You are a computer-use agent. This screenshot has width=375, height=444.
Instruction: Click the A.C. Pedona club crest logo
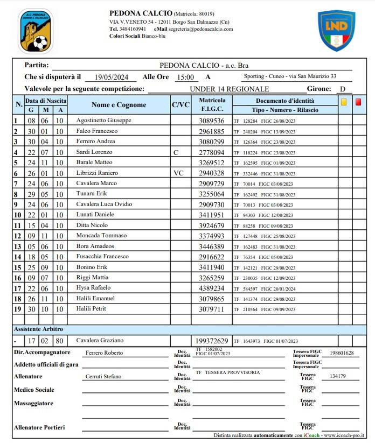(x=36, y=31)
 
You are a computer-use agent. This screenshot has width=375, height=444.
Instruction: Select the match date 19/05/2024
(x=105, y=77)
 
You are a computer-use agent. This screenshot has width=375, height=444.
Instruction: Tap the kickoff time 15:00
(x=186, y=77)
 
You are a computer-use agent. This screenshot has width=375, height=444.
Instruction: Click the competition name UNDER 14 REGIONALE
(x=229, y=89)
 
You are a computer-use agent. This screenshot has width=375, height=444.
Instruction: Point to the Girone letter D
(x=342, y=89)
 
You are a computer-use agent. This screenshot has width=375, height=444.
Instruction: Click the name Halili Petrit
(x=91, y=309)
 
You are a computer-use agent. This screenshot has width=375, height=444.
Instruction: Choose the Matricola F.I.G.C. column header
(x=212, y=105)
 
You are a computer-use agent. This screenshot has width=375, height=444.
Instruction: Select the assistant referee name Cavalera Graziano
(x=100, y=340)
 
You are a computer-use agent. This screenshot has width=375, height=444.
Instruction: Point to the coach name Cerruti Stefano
(x=104, y=377)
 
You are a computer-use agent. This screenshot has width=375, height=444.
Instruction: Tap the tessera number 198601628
(x=342, y=353)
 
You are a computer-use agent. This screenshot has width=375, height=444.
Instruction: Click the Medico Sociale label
(x=34, y=390)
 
